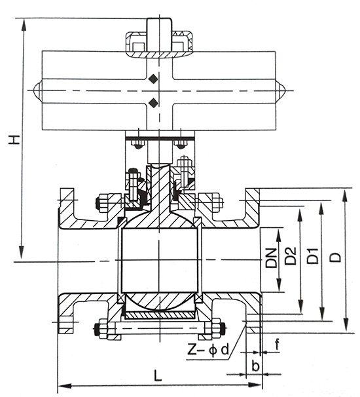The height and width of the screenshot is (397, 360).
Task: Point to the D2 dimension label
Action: [x=291, y=257]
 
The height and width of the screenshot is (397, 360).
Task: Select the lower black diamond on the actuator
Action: [x=153, y=102]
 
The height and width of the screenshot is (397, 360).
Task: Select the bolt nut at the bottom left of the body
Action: [x=101, y=328]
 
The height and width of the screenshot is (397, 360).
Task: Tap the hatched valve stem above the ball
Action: [x=158, y=187]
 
